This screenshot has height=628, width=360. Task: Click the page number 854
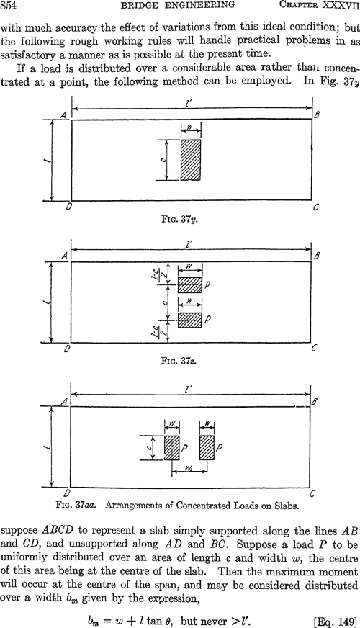point(9,5)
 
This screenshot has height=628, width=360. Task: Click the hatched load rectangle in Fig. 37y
point(191,160)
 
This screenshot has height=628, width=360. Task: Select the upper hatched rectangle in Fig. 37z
point(190,285)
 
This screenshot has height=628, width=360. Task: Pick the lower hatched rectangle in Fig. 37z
point(190,320)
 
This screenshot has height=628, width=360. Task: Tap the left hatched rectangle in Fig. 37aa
point(171,448)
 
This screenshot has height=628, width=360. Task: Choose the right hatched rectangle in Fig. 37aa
point(207,448)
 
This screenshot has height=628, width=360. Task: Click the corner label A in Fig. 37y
point(63,115)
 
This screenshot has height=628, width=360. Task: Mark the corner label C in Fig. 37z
point(314,349)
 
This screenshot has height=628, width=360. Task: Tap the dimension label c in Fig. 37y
point(163,160)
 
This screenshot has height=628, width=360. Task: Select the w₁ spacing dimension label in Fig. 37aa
point(190,466)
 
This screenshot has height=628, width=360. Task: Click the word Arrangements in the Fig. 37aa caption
point(130,505)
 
